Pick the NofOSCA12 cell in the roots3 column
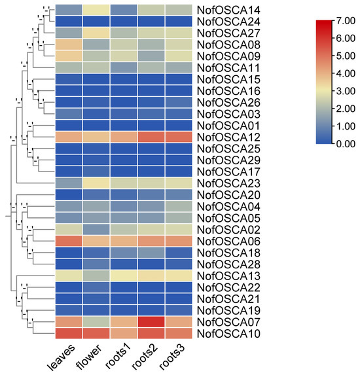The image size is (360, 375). tap(179, 137)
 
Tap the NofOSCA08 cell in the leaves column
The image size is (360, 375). tap(69, 45)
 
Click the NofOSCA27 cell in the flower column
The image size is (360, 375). tap(96, 33)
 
